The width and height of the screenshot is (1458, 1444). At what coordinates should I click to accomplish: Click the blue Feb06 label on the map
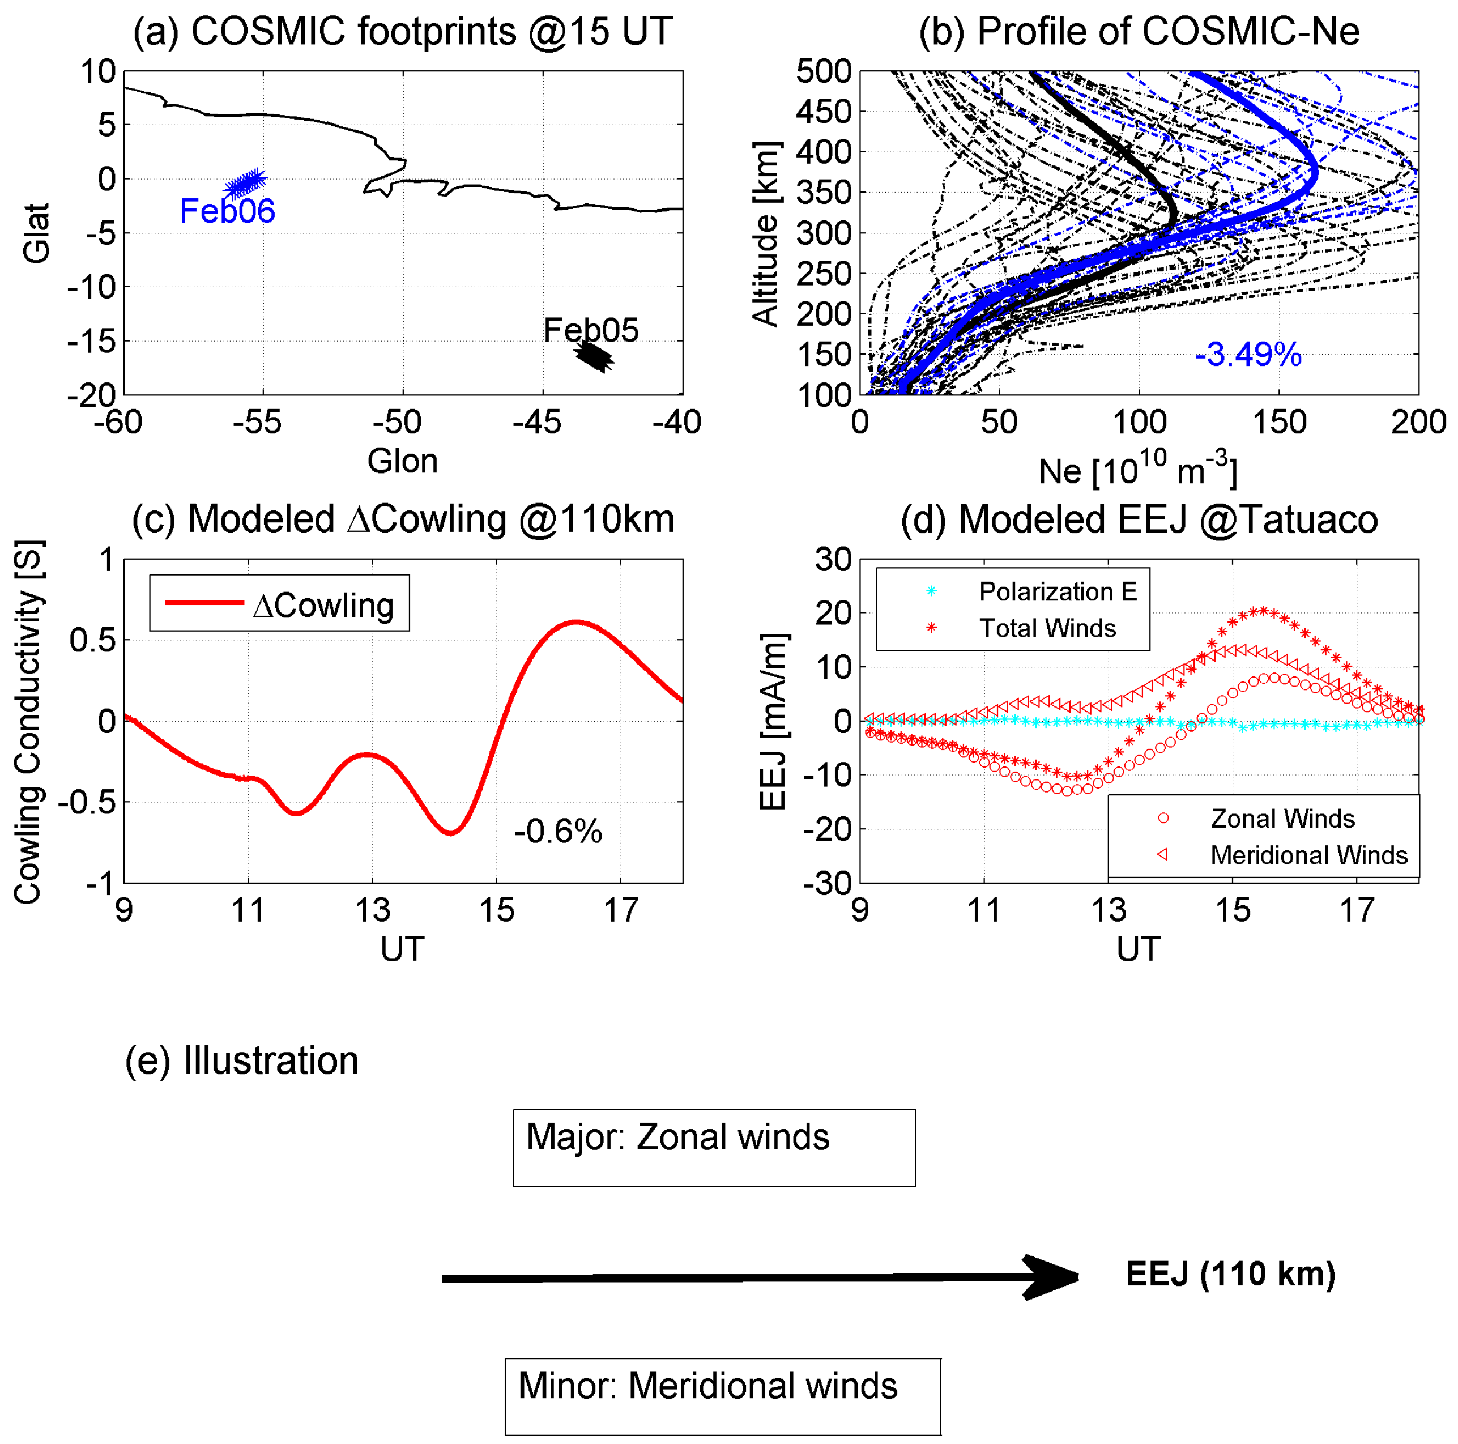tap(227, 211)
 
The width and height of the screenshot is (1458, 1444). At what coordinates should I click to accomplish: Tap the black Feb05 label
tap(591, 330)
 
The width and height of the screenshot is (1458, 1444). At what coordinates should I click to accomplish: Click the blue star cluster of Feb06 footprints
tap(246, 184)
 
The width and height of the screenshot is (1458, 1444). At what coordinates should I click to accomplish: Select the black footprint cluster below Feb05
tap(595, 357)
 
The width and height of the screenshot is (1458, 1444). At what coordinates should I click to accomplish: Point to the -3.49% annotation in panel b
tap(1248, 355)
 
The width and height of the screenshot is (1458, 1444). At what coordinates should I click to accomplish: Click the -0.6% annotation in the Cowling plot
tap(558, 832)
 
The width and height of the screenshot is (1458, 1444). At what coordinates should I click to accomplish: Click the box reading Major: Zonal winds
tap(714, 1147)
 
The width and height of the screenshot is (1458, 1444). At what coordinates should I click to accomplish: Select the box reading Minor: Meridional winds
tap(722, 1396)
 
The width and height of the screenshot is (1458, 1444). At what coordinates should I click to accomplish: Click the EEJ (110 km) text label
tap(1230, 1274)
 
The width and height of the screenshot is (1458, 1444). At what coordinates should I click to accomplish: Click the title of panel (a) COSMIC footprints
tap(402, 32)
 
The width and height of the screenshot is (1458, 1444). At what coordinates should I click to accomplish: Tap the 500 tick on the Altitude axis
tap(824, 73)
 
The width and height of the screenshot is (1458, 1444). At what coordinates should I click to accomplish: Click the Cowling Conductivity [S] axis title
tap(29, 721)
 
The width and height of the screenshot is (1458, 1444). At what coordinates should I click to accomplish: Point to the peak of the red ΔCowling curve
tap(576, 621)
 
